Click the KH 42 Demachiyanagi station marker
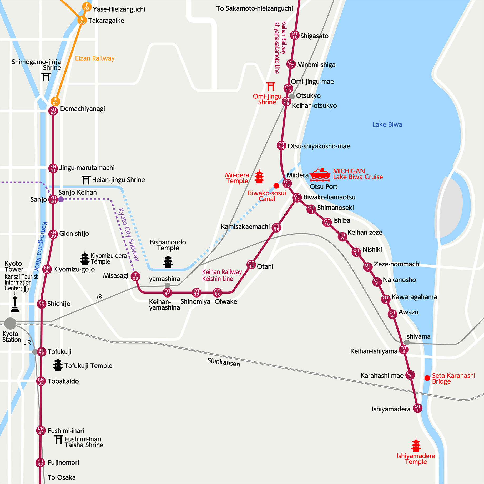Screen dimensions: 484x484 coord(53,111)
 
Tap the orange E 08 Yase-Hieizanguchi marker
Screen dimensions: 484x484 coord(87,7)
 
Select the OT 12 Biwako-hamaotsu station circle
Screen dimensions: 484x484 coord(297,198)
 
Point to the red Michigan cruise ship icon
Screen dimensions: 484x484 coord(320,175)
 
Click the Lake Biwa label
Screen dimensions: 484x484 coord(387,124)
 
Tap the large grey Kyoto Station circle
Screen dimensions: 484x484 coord(10,323)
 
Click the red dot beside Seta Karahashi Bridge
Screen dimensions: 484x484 coord(427,378)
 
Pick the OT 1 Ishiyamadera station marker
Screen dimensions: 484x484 coord(417,408)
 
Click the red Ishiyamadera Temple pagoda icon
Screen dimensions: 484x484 coord(416,445)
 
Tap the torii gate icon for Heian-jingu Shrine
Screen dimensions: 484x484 coord(86,180)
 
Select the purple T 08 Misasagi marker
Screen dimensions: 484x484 coord(135,276)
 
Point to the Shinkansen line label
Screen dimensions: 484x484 coord(224,362)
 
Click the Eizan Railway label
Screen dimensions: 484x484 coord(95,58)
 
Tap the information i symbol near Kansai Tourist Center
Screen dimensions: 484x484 coord(25,289)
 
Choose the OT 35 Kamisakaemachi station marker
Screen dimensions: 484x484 coord(276,228)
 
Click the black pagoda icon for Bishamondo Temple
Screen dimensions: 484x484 coord(168,261)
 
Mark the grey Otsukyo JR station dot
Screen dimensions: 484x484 coord(292,96)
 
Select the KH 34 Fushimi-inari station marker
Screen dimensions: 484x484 coord(41,431)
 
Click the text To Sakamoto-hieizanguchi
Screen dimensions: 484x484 coord(254,8)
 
